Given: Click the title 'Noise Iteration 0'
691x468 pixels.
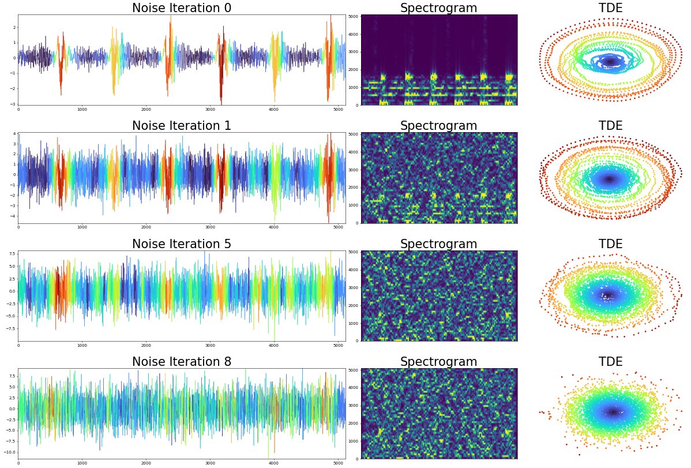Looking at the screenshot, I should (x=182, y=8).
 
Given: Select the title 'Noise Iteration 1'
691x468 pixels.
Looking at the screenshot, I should (x=182, y=126).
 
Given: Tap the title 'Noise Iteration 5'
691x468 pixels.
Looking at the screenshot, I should (x=182, y=244).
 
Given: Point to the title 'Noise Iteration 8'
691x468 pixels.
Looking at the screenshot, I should (x=182, y=362).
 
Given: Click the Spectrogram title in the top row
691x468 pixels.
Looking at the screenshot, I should (x=438, y=8).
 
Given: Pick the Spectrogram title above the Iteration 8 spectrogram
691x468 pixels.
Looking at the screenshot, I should (x=438, y=362).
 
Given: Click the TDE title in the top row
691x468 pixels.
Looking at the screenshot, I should (x=610, y=8).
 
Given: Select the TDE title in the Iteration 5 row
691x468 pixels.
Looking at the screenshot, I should (x=610, y=244).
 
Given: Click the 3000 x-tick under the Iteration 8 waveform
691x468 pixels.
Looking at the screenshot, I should (x=210, y=463).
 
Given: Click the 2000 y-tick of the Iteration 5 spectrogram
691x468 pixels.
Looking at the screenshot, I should (x=353, y=305).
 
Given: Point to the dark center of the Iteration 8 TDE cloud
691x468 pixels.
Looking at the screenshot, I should (x=612, y=412).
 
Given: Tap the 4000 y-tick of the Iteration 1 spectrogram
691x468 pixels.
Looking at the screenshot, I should (x=353, y=152).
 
